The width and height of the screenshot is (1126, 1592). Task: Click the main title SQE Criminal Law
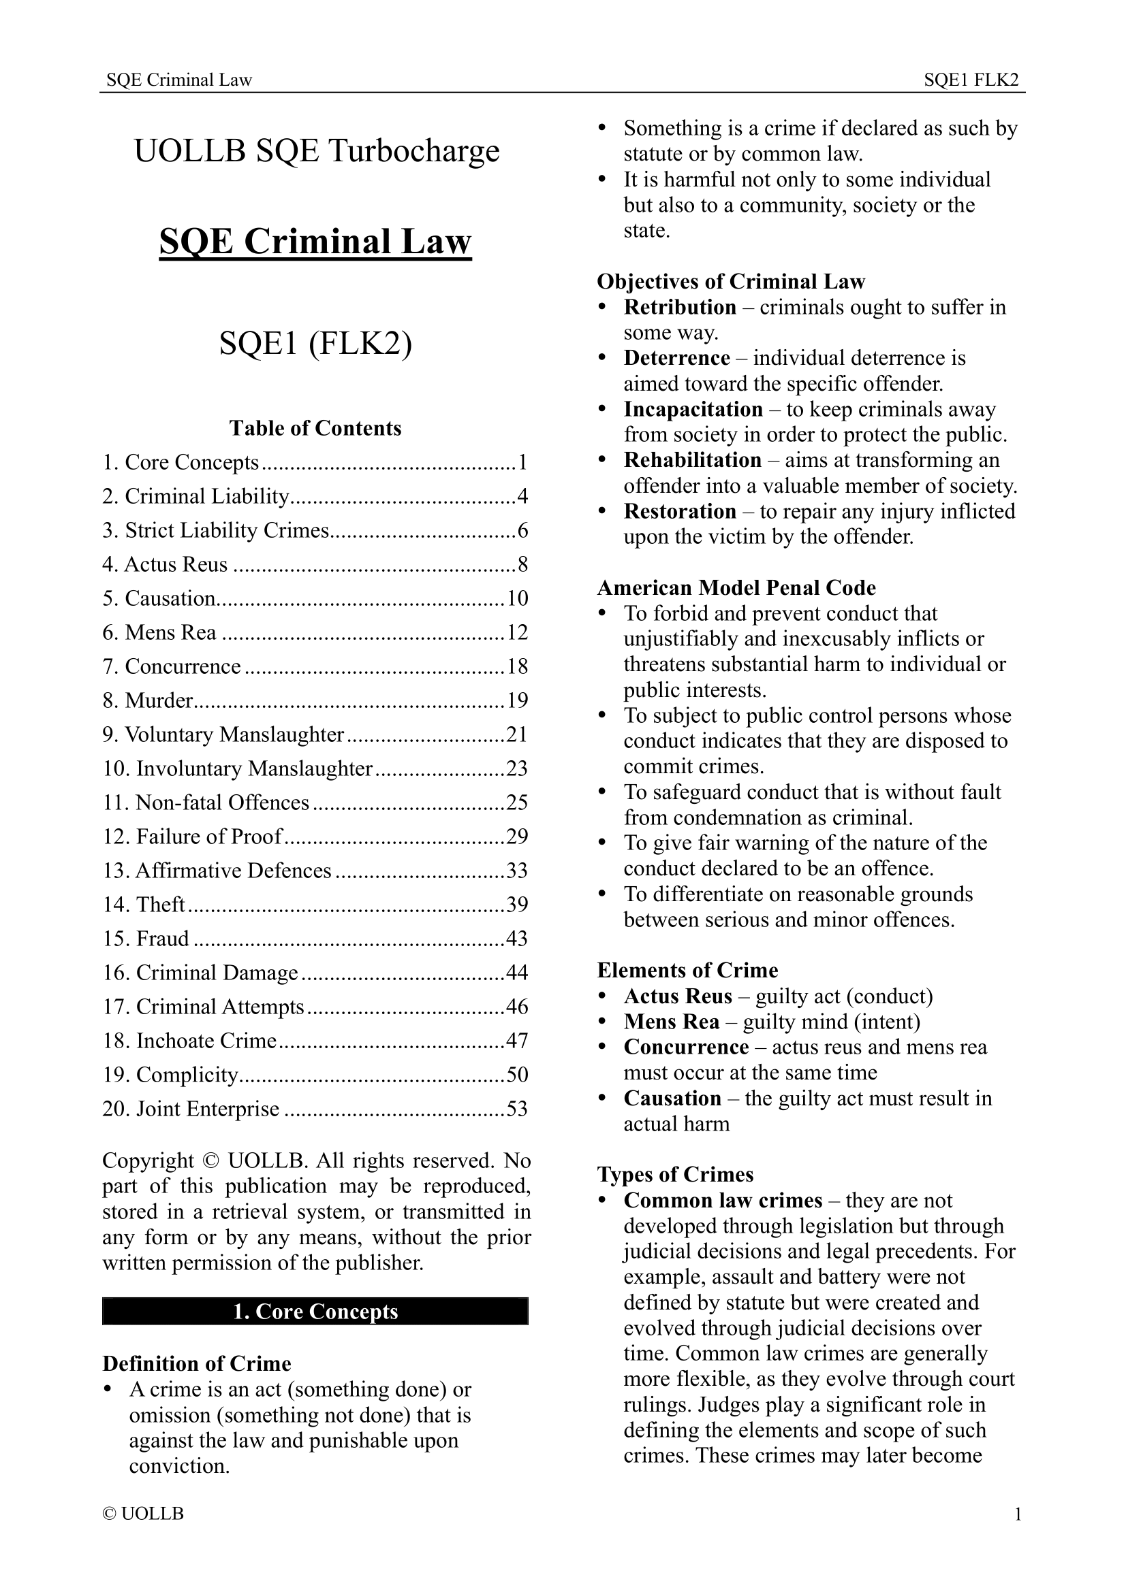(x=315, y=242)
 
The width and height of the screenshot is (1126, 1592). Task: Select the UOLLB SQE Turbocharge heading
(x=316, y=151)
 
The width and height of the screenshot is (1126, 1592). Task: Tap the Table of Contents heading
(x=315, y=428)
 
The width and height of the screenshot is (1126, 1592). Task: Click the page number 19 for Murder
(x=517, y=700)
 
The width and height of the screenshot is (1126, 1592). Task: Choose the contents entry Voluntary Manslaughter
(x=234, y=734)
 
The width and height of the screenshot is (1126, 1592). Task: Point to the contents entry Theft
(x=160, y=904)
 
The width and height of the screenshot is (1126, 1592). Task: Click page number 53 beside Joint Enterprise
(x=517, y=1109)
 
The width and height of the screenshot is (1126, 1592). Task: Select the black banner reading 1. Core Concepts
(x=315, y=1310)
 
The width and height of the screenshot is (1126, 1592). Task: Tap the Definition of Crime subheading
(x=196, y=1363)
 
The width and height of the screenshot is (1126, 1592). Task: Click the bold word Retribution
(x=679, y=306)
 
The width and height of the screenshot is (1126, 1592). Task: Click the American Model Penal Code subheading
(x=736, y=587)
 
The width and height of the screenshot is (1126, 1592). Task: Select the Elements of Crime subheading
(x=687, y=970)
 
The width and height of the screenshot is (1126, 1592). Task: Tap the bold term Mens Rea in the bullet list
(x=671, y=1022)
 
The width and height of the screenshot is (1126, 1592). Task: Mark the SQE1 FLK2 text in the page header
(x=971, y=80)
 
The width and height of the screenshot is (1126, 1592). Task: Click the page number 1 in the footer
(x=1018, y=1514)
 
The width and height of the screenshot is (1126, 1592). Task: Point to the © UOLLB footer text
(x=143, y=1514)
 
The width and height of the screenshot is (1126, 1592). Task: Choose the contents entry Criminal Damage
(x=217, y=973)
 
